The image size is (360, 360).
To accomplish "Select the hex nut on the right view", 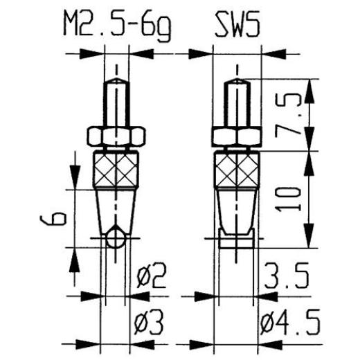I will pyautogui.click(x=237, y=136).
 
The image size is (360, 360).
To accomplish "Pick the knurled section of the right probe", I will pyautogui.click(x=237, y=170).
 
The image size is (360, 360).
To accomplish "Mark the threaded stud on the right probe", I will pyautogui.click(x=237, y=104).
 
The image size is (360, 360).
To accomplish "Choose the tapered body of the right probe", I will pyautogui.click(x=237, y=208).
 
